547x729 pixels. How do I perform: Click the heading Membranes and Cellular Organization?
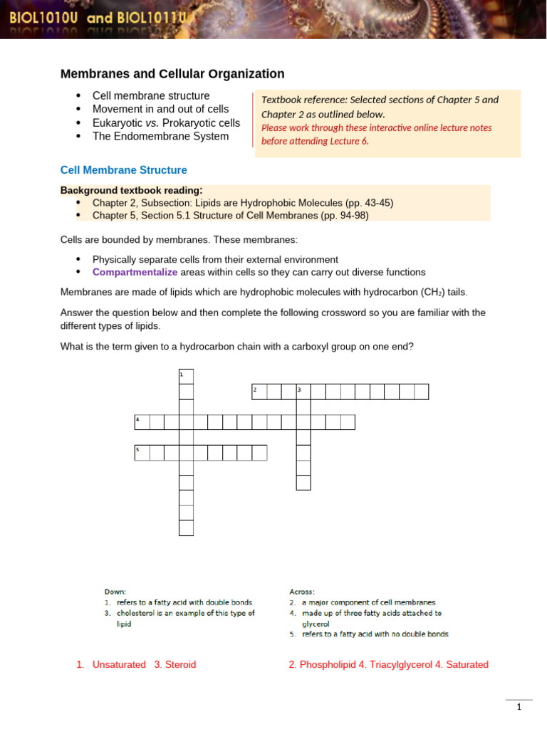(172, 74)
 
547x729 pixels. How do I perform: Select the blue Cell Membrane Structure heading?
(124, 170)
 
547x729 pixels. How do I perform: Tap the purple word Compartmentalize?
(135, 272)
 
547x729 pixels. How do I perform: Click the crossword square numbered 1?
(186, 376)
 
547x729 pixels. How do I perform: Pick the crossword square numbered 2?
(259, 392)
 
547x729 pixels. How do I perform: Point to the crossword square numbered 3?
(303, 392)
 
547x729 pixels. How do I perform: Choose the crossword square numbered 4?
(142, 422)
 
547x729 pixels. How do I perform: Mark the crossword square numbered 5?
(142, 453)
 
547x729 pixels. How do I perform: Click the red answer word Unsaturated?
(119, 665)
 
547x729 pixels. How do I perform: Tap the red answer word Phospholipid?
(328, 665)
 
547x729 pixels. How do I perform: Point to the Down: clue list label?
(115, 592)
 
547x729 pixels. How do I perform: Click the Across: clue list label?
(302, 592)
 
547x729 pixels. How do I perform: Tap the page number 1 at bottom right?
(519, 707)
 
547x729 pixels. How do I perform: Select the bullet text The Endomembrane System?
(160, 136)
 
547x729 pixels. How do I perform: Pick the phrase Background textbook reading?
(132, 190)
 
